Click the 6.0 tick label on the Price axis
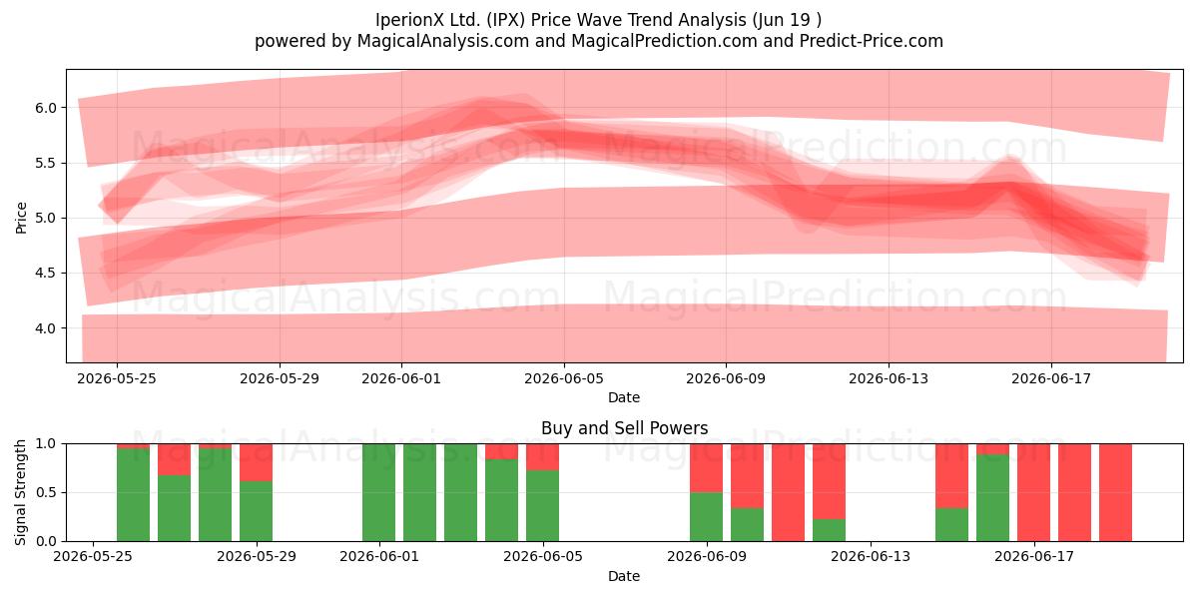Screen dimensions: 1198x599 pyautogui.click(x=46, y=108)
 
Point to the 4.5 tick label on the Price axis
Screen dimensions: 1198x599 pyautogui.click(x=46, y=274)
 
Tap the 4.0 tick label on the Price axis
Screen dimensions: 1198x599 pyautogui.click(x=46, y=328)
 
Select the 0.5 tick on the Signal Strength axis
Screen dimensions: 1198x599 pyautogui.click(x=46, y=492)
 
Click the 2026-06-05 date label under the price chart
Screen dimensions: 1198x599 pyautogui.click(x=564, y=378)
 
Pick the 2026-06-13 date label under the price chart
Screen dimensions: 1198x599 pyautogui.click(x=889, y=378)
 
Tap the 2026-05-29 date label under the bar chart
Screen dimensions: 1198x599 pyautogui.click(x=257, y=557)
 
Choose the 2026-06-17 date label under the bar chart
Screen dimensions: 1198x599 pyautogui.click(x=1034, y=557)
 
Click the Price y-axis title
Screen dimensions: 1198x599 pyautogui.click(x=21, y=218)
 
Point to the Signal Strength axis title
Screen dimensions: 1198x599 pyautogui.click(x=20, y=492)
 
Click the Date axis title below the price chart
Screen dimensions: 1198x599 pyautogui.click(x=624, y=397)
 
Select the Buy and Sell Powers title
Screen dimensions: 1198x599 pyautogui.click(x=624, y=428)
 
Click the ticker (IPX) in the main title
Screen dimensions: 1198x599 pyautogui.click(x=505, y=20)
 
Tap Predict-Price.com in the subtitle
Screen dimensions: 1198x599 pyautogui.click(x=872, y=41)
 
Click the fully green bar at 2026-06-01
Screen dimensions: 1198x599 pyautogui.click(x=378, y=492)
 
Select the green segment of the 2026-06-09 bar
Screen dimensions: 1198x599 pyautogui.click(x=706, y=517)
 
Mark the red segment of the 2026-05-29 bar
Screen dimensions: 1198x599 pyautogui.click(x=256, y=462)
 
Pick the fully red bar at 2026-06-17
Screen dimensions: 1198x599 pyautogui.click(x=1033, y=492)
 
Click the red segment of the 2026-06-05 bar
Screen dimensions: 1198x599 pyautogui.click(x=542, y=457)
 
